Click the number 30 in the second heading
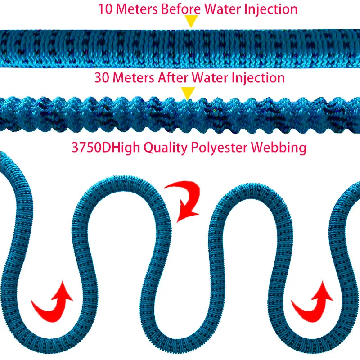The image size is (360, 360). [x=101, y=78]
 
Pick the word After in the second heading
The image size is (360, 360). [x=174, y=78]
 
